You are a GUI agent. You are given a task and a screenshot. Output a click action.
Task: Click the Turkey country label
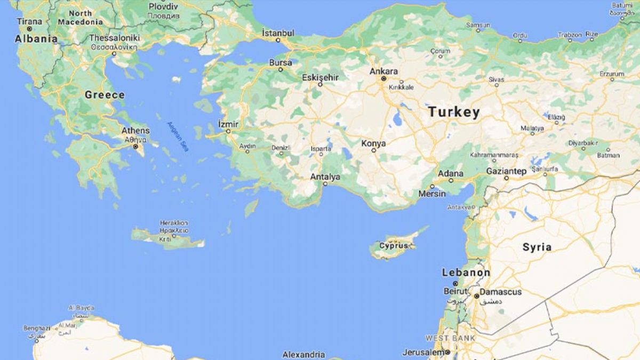(454, 112)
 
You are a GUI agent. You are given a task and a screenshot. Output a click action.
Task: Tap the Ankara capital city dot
(383, 79)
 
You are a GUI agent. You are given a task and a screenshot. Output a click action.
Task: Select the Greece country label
(105, 95)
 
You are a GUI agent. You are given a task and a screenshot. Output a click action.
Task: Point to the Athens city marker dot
(135, 146)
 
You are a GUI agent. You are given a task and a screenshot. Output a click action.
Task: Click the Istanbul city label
(278, 33)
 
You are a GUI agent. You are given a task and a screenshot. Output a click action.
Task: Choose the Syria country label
(537, 247)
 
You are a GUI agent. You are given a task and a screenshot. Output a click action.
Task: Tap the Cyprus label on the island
(394, 245)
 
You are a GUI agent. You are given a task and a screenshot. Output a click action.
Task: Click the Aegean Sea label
(178, 137)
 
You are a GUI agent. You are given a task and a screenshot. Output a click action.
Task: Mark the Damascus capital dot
(476, 295)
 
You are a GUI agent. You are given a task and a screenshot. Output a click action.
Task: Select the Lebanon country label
(466, 273)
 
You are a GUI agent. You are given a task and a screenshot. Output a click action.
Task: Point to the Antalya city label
(325, 177)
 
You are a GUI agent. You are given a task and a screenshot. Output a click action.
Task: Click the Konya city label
(373, 143)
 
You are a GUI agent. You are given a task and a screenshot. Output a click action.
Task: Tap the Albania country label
(36, 38)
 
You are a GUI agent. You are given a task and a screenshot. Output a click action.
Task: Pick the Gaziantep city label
(506, 171)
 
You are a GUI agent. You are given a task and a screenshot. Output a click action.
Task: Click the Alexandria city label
(303, 354)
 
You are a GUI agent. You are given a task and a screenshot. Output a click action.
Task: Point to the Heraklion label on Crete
(174, 222)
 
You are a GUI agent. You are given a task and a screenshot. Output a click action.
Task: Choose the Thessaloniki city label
(114, 38)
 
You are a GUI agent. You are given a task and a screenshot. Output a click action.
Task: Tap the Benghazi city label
(36, 328)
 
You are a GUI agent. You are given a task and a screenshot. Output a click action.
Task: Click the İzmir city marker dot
(228, 131)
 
